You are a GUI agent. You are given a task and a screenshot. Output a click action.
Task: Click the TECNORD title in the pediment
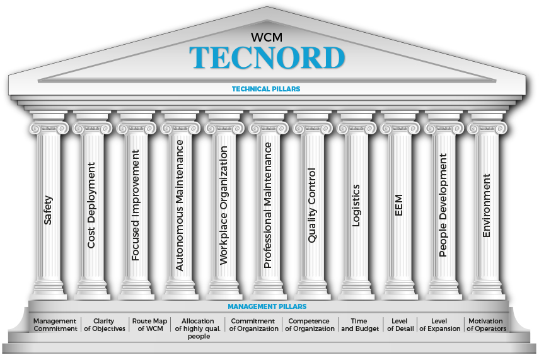(267, 57)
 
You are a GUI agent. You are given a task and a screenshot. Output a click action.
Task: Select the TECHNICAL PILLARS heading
(266, 89)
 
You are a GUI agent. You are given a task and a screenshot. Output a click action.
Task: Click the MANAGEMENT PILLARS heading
(267, 306)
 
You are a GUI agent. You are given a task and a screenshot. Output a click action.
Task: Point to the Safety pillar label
(49, 211)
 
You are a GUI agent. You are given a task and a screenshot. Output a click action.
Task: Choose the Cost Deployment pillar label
(92, 205)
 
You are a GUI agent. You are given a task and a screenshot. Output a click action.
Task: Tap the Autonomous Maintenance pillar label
(180, 205)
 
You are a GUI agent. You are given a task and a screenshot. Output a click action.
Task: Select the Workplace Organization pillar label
(223, 205)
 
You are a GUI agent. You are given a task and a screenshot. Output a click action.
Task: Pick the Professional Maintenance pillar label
(267, 205)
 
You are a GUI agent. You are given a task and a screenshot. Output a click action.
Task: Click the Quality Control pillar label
(311, 205)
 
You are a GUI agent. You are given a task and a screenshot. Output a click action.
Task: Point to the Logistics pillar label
(355, 205)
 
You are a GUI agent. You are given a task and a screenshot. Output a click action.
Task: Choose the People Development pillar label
(443, 205)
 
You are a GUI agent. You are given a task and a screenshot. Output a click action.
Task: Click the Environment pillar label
(486, 206)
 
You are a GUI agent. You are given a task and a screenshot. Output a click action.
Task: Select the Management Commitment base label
(55, 325)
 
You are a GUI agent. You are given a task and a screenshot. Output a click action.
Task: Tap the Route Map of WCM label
(149, 325)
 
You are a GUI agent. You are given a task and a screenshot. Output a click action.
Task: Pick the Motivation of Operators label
(486, 325)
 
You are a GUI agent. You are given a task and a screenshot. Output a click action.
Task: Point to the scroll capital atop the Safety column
(49, 127)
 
